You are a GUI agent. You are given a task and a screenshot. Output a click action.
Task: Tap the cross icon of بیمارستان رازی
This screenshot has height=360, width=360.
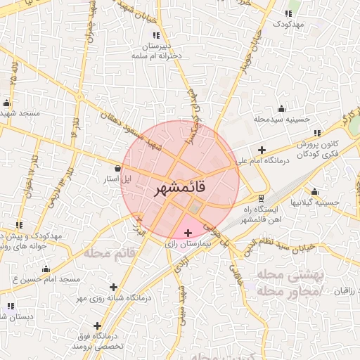(188, 233)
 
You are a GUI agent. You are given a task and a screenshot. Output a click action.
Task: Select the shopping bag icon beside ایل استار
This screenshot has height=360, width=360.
(117, 169)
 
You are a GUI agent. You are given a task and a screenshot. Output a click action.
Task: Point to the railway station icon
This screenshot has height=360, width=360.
(262, 198)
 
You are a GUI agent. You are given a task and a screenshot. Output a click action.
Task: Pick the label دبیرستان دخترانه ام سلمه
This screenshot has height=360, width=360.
(155, 50)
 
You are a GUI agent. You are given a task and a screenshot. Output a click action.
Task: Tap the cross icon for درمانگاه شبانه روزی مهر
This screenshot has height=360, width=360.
(114, 286)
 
